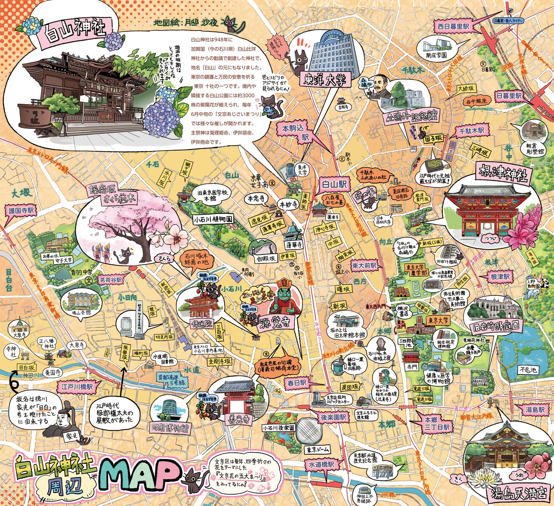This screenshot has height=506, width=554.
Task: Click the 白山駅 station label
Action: click(334, 184)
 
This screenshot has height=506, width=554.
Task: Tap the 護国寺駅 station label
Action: click(21, 211)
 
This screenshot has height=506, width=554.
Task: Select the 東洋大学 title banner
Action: click(325, 80)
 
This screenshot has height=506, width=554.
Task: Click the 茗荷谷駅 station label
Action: click(111, 280)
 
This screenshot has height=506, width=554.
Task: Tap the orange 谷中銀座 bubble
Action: click(476, 102)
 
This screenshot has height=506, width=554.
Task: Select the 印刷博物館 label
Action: click(171, 428)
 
